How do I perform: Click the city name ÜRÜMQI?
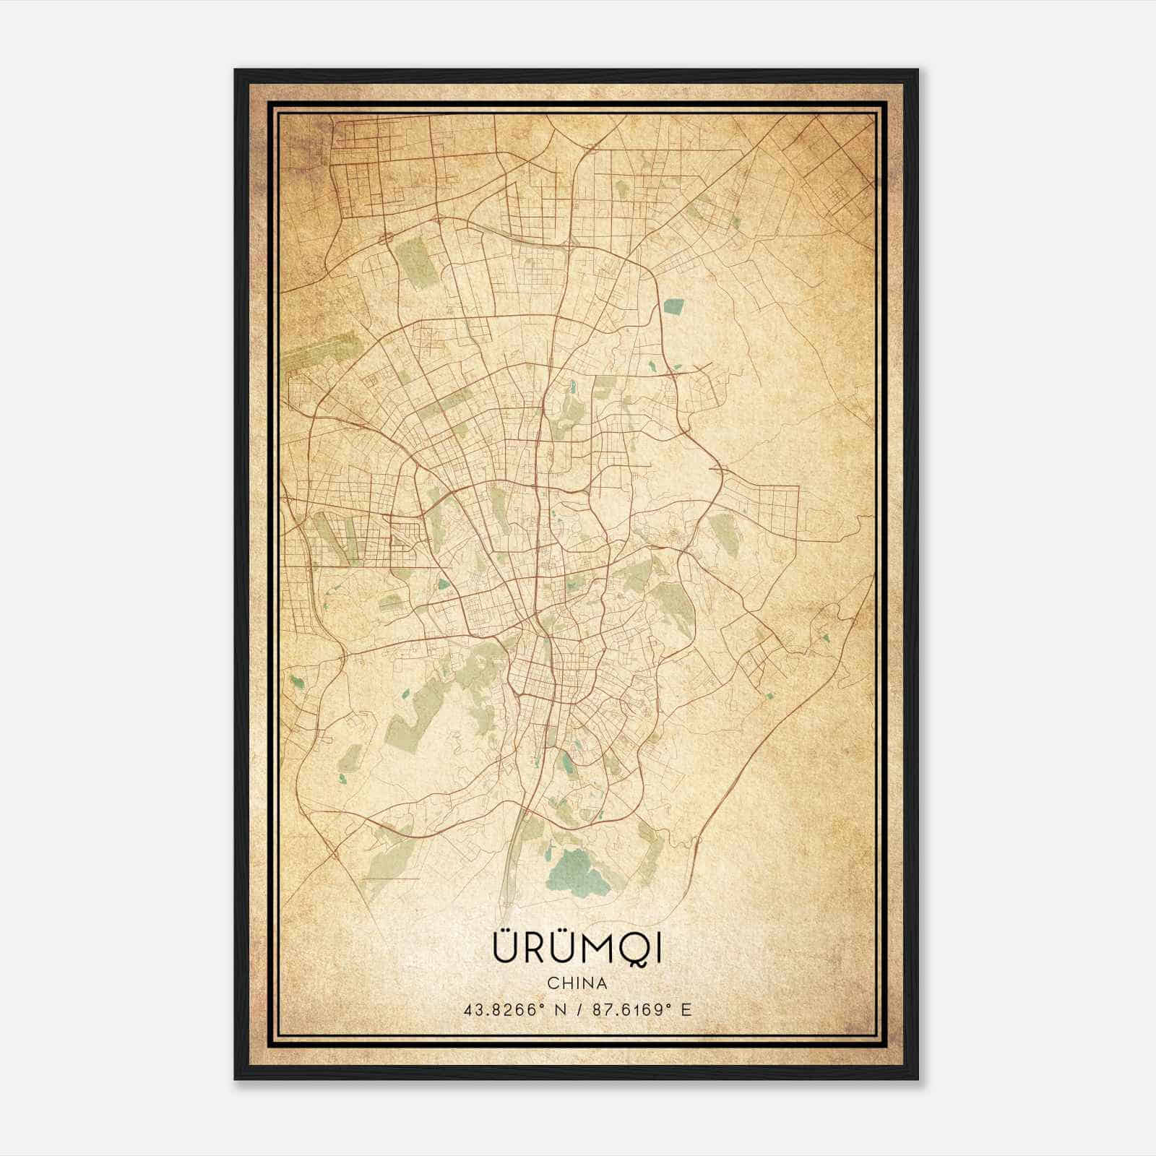(577, 949)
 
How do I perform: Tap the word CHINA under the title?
(577, 983)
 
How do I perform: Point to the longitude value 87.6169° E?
(642, 1010)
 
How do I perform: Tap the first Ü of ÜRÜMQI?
(504, 947)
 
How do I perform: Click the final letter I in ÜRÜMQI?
(657, 949)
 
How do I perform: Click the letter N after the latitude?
(560, 1010)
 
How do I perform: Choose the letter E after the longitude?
(686, 1010)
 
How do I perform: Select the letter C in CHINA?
(553, 983)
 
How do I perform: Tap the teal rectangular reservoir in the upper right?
(673, 307)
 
